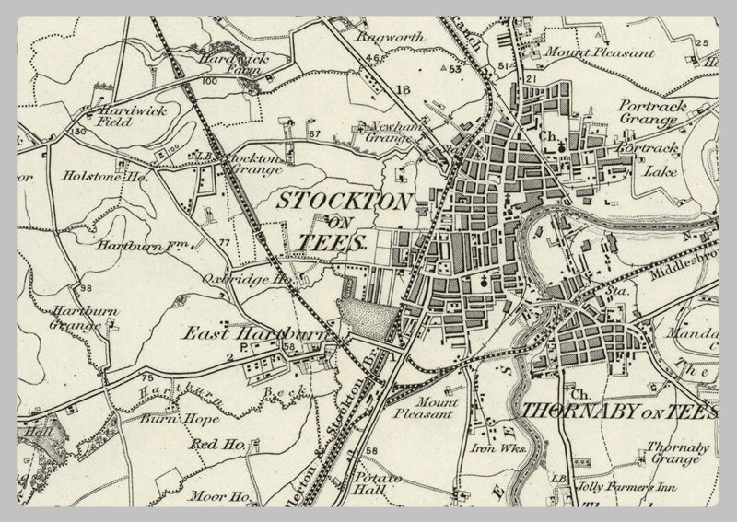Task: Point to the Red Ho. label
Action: (x=216, y=445)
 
